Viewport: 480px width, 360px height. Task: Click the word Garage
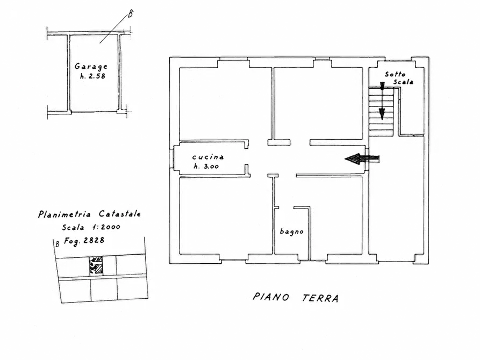(91, 67)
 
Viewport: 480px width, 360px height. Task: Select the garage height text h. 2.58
(92, 76)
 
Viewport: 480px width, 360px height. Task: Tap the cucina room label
(208, 157)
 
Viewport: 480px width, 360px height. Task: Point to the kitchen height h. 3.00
(206, 166)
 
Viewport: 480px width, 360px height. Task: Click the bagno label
(291, 232)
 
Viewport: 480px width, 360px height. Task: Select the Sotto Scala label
(399, 78)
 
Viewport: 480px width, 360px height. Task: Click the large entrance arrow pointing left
(362, 159)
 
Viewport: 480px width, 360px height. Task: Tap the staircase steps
(381, 112)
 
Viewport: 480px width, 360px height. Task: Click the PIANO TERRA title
(296, 297)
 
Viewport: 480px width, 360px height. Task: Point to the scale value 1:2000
(106, 227)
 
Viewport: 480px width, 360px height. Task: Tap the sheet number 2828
(94, 240)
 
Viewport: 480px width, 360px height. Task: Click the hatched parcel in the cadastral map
(96, 265)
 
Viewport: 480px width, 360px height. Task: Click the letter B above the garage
(131, 14)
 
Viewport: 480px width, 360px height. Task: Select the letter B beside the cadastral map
(57, 244)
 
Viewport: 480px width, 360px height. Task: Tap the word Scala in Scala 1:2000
(73, 227)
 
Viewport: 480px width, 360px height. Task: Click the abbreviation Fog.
(72, 241)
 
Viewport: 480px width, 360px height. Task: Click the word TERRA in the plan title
(320, 298)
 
